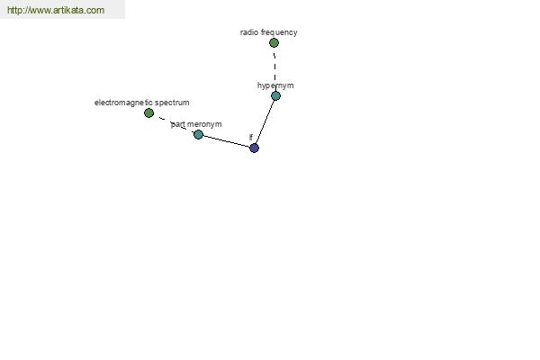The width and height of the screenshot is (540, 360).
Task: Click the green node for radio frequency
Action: (274, 42)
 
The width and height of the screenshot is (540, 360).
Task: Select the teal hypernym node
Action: (275, 95)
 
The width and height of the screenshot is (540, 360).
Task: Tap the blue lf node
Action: (254, 148)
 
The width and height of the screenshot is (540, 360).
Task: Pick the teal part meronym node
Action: (198, 134)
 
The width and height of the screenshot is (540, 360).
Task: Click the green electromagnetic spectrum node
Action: (148, 112)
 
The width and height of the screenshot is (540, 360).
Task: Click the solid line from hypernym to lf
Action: (265, 122)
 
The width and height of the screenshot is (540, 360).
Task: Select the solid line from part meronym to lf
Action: (226, 141)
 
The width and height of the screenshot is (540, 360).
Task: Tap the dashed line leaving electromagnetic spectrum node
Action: (173, 123)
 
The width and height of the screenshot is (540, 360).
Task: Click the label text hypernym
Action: (275, 85)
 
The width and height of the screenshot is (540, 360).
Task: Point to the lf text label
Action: (251, 137)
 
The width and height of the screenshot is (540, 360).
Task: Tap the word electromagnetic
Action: (123, 103)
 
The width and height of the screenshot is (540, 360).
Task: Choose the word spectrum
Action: (172, 103)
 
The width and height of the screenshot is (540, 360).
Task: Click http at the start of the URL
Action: (14, 10)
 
